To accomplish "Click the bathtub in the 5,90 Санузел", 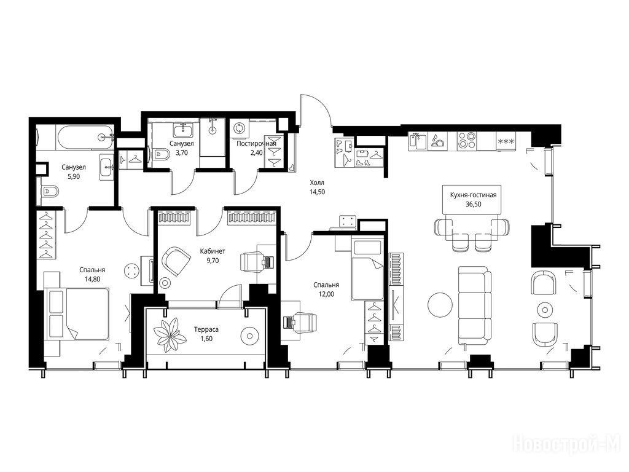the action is pyautogui.click(x=85, y=138).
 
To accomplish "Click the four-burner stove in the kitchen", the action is pyautogui.click(x=467, y=141).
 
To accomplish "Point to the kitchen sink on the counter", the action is pyautogui.click(x=417, y=141).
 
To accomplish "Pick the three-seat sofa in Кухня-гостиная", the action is pyautogui.click(x=475, y=307).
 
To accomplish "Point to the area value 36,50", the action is pyautogui.click(x=473, y=204).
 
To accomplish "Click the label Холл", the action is pyautogui.click(x=317, y=183).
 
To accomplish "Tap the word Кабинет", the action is pyautogui.click(x=213, y=251).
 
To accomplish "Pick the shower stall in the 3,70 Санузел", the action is pyautogui.click(x=213, y=137).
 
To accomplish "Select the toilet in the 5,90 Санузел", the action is pyautogui.click(x=50, y=191).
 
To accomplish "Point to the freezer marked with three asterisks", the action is pyautogui.click(x=506, y=141).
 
